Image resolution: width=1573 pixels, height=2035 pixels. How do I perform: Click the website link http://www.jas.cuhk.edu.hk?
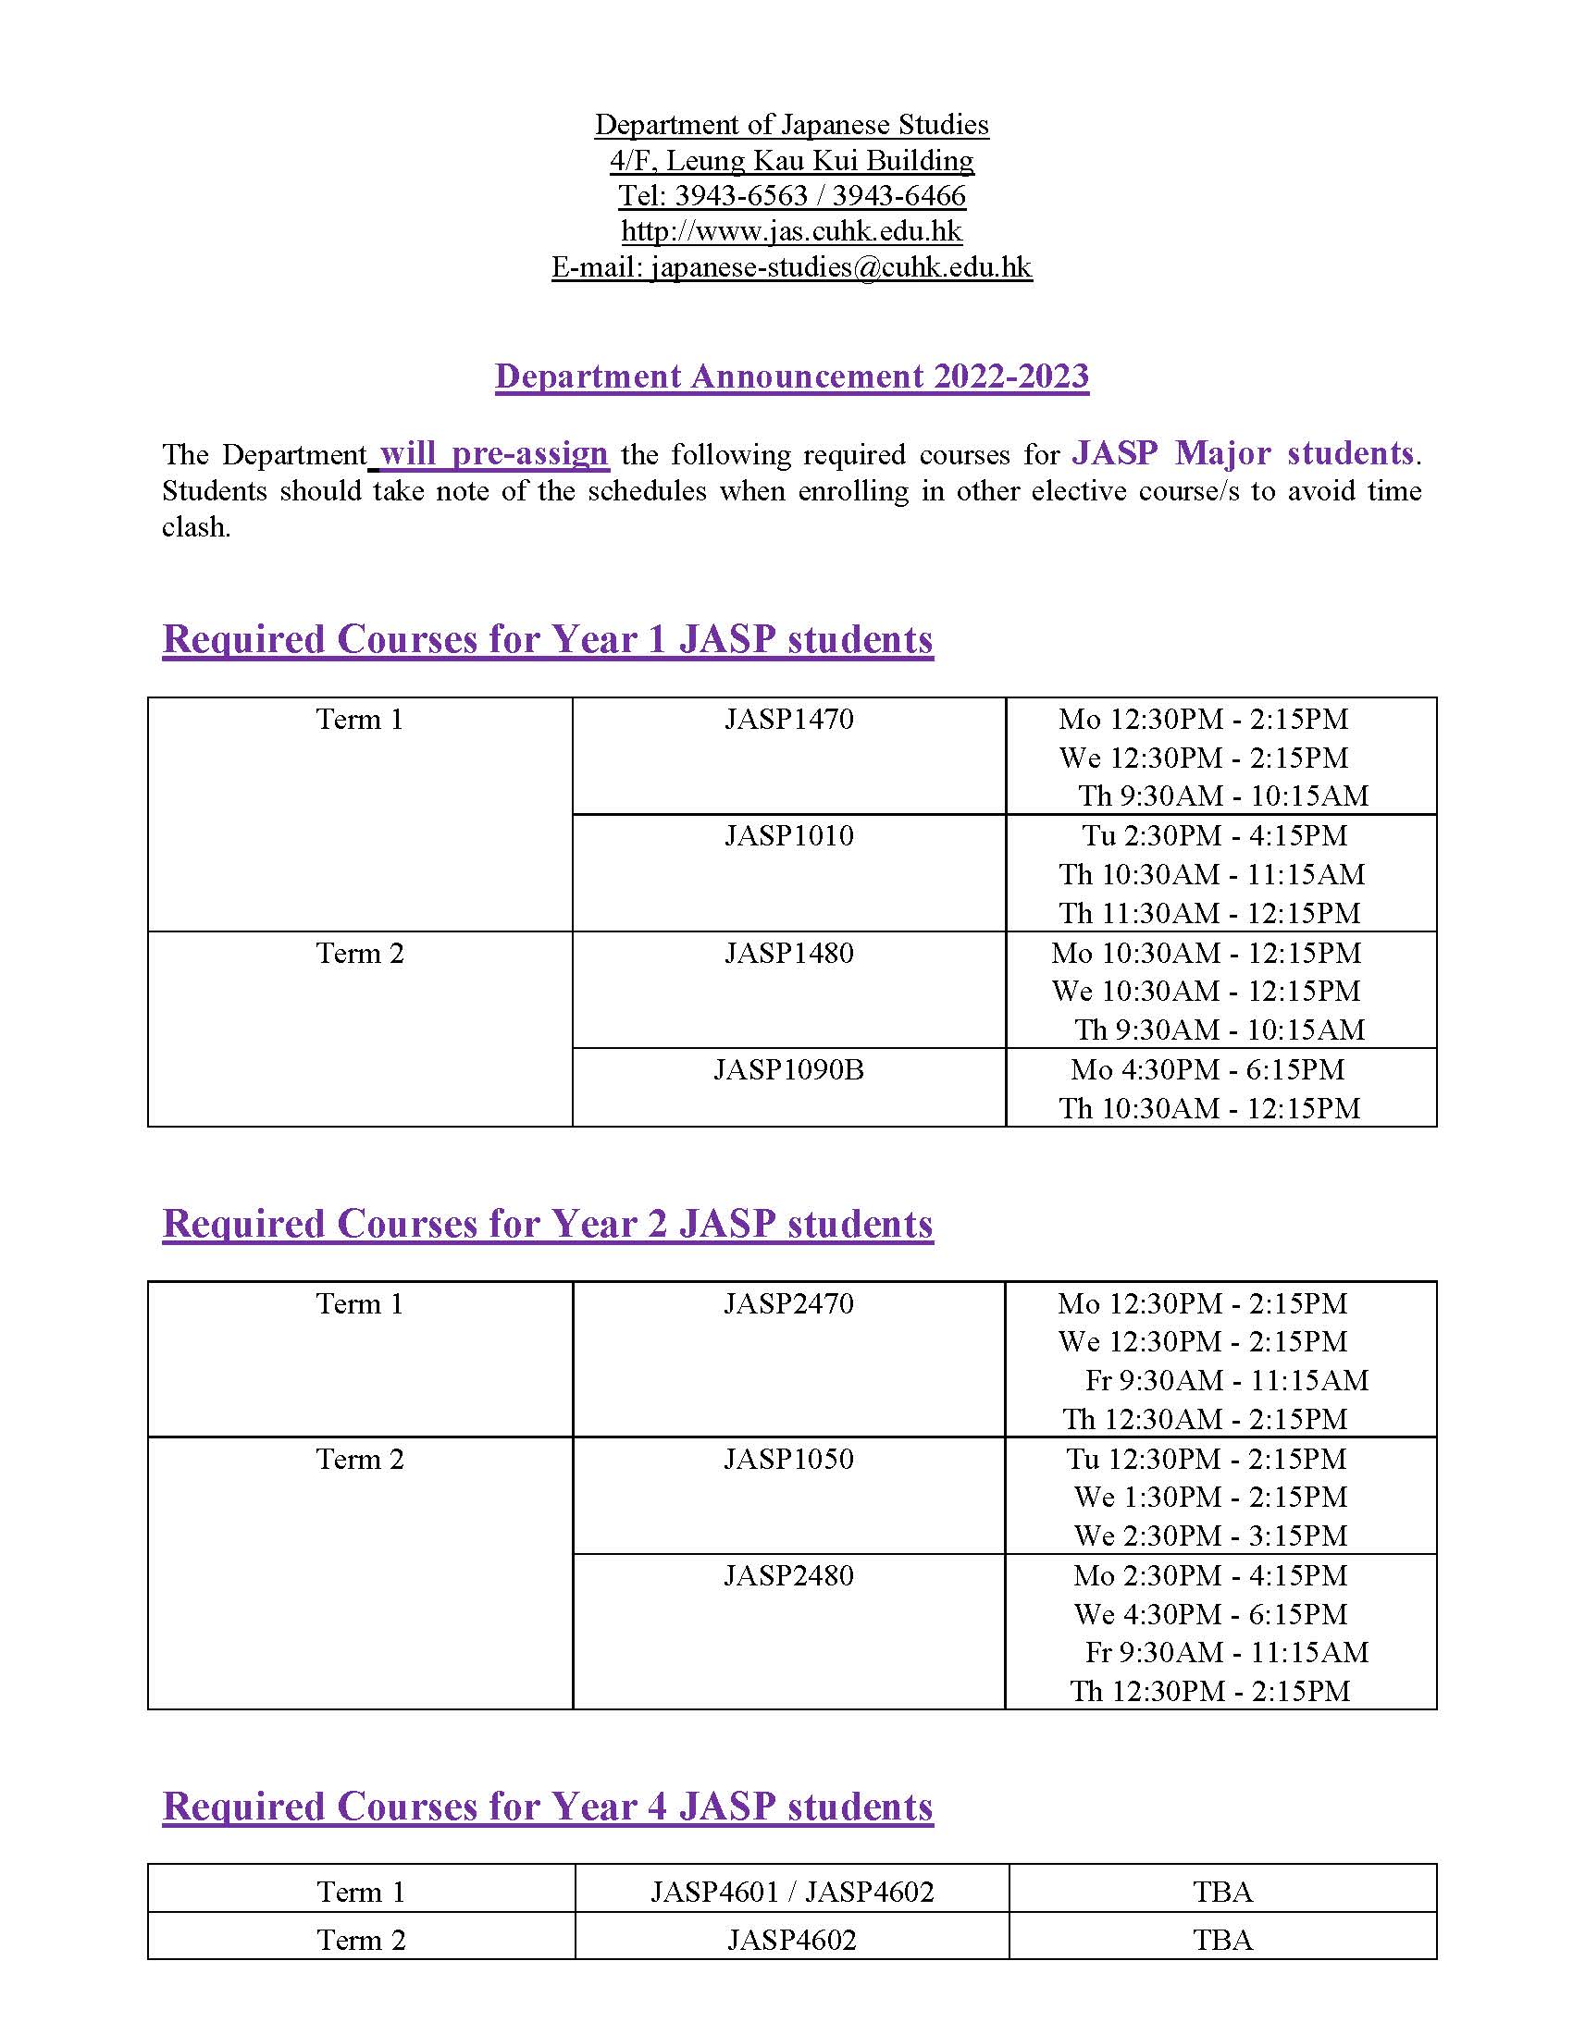[x=791, y=231]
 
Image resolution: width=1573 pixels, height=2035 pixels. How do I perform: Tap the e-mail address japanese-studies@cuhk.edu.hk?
[x=791, y=267]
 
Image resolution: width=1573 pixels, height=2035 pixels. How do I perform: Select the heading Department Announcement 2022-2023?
[x=791, y=376]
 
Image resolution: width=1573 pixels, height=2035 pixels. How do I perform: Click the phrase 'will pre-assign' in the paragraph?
[x=494, y=454]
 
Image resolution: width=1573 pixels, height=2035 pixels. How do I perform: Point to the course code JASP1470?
[x=788, y=720]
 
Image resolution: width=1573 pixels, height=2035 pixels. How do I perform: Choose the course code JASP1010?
[x=788, y=836]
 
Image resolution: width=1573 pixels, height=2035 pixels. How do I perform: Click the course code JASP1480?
[x=788, y=953]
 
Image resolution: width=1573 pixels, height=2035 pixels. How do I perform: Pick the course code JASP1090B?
[x=788, y=1069]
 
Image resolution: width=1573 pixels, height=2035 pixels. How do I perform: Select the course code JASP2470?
[x=788, y=1303]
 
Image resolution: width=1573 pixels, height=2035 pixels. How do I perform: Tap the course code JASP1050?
[x=788, y=1459]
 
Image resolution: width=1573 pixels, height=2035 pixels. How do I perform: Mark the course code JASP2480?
[x=788, y=1575]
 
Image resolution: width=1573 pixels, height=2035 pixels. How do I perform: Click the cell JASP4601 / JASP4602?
[x=791, y=1892]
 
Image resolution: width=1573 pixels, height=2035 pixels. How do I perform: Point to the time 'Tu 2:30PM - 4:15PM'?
[x=1214, y=836]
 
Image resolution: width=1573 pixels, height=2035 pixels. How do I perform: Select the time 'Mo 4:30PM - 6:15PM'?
[x=1207, y=1069]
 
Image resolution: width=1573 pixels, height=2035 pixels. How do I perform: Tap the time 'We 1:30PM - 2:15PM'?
[x=1209, y=1498]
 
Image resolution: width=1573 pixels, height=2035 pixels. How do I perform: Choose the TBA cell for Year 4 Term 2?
[x=1221, y=1940]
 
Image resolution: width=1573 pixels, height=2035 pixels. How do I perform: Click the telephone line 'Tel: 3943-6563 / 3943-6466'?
[x=791, y=196]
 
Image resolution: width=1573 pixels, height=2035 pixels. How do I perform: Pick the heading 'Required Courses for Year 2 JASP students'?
[x=548, y=1225]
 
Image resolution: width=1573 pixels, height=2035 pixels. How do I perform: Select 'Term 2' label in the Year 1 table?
[x=360, y=953]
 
